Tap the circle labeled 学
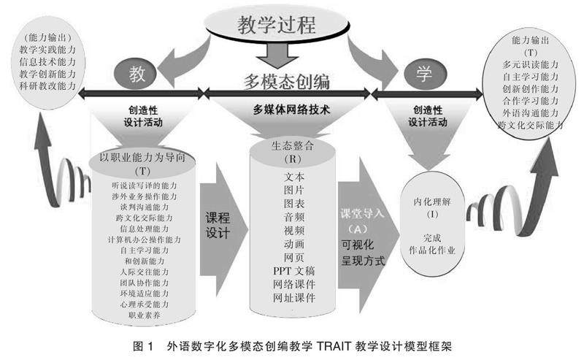(421, 74)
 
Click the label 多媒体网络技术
(291, 112)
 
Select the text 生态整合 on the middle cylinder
(292, 145)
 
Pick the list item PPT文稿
(292, 271)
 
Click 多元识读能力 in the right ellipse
(531, 64)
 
